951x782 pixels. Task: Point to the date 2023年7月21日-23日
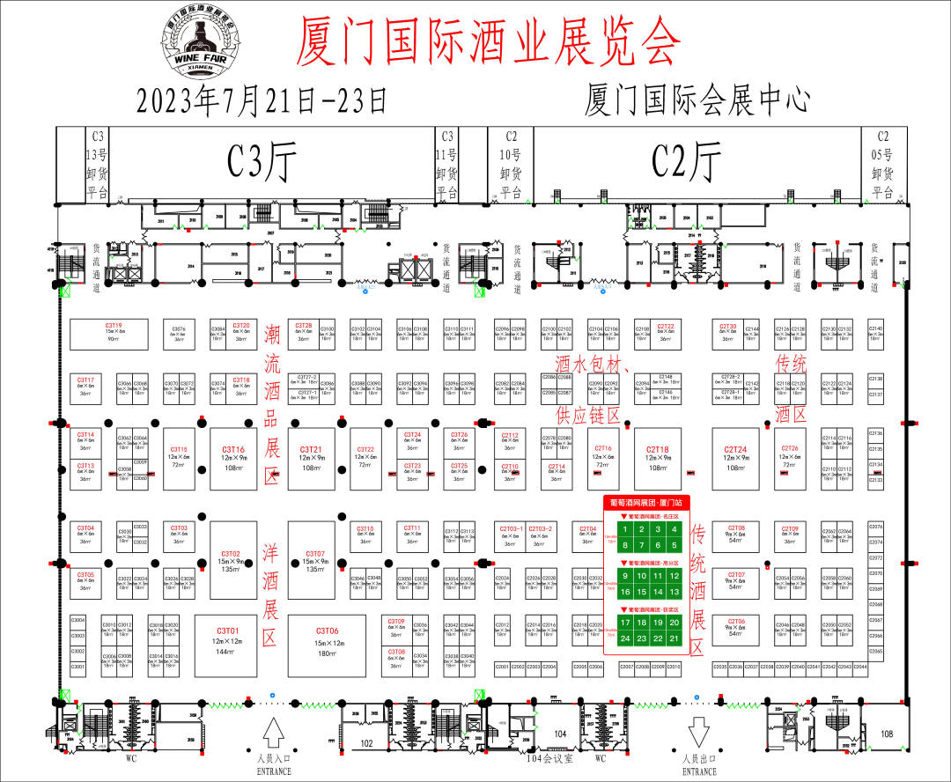click(262, 100)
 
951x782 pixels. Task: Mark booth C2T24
click(736, 458)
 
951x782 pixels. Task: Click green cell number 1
click(626, 529)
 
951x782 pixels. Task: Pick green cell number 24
click(626, 638)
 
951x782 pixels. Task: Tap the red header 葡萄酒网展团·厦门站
click(646, 502)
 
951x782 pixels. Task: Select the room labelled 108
click(887, 733)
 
